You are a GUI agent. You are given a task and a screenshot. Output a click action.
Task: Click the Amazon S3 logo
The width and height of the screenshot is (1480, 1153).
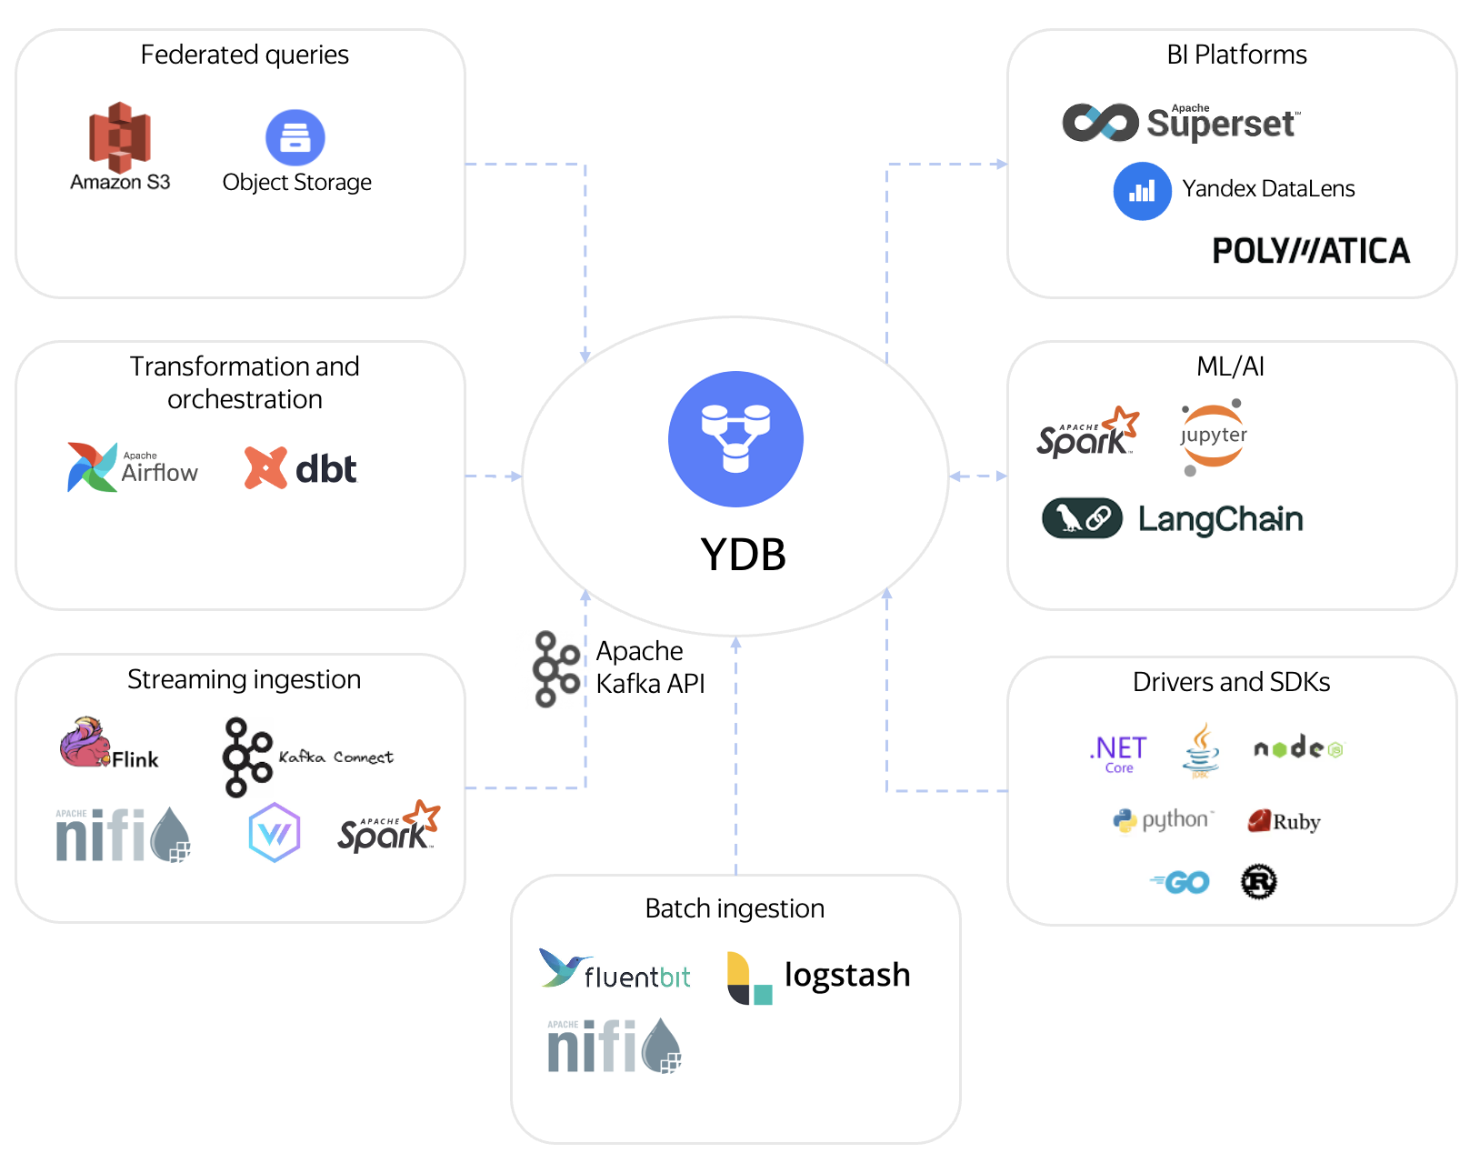pos(119,137)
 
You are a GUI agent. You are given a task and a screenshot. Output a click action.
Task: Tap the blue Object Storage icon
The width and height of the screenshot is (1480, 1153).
pos(295,137)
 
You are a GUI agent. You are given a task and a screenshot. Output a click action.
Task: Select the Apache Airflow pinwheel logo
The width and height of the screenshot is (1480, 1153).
pos(92,467)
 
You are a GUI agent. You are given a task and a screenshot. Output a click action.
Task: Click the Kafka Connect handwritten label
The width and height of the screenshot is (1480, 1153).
pos(335,757)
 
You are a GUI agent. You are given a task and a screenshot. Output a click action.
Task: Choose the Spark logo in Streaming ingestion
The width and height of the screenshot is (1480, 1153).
pos(388,827)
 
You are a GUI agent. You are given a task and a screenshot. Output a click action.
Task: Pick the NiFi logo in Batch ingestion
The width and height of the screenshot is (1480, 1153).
pos(614,1046)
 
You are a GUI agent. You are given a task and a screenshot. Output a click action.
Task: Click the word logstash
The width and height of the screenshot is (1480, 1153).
pos(846,975)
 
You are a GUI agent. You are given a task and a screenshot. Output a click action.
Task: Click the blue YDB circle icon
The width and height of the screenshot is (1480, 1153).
pos(735,438)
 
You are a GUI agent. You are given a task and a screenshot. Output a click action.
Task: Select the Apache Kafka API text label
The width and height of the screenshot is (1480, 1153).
pos(650,667)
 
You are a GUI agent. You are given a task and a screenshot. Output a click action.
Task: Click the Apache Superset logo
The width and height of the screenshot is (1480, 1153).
pos(1181,123)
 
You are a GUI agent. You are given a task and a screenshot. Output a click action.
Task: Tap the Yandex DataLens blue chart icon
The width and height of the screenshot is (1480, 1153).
pos(1142,191)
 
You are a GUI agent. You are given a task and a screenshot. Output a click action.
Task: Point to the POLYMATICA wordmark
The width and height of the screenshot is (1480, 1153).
pos(1310,251)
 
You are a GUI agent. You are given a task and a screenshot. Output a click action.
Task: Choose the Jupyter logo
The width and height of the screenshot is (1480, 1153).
pos(1213,436)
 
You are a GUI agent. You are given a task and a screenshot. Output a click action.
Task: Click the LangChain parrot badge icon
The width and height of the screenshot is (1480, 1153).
pos(1082,518)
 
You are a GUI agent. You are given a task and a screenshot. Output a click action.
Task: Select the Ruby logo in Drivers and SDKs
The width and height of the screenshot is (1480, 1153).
pos(1284,821)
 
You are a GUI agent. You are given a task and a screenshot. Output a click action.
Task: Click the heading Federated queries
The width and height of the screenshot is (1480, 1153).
pos(245,55)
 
